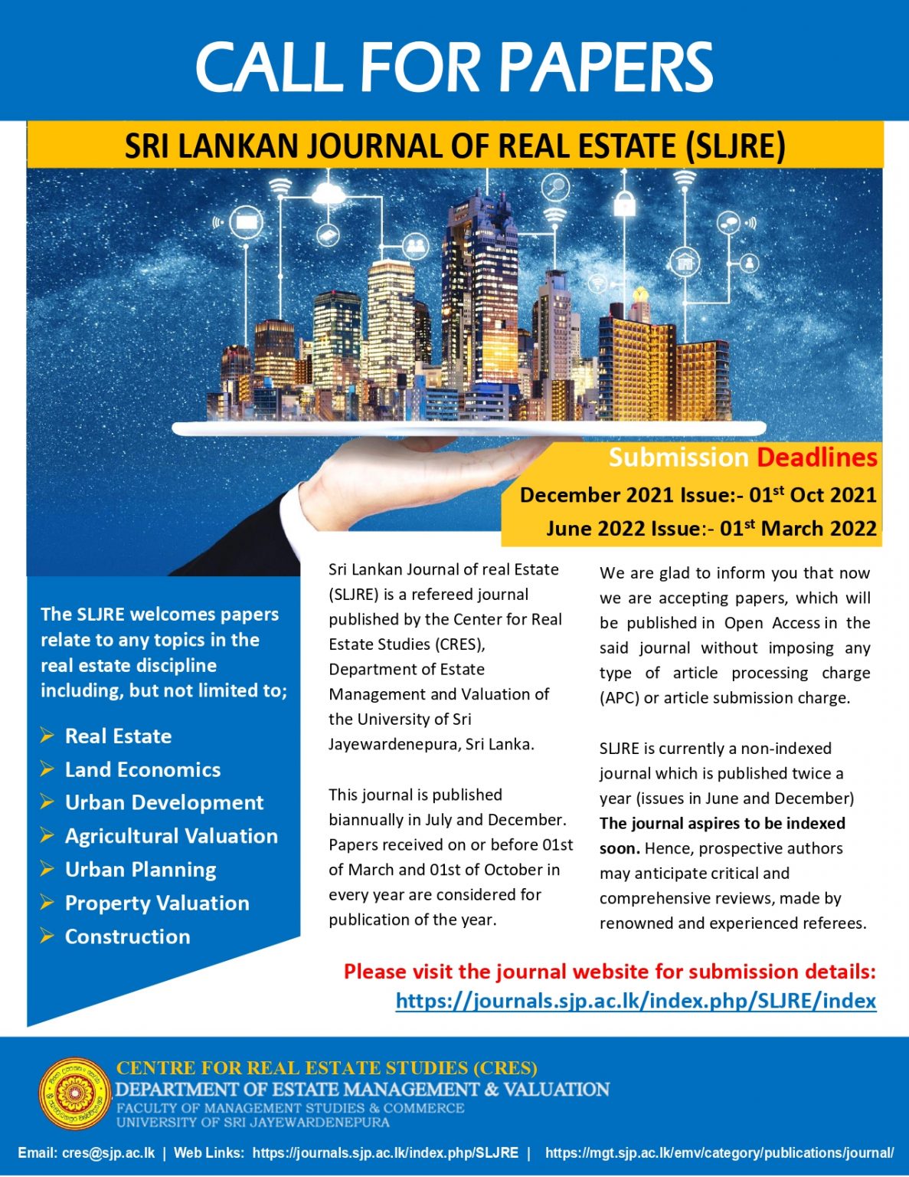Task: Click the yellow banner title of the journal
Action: coord(455,146)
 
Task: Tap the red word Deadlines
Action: coord(816,457)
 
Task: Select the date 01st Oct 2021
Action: coord(813,494)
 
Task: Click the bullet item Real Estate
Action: coord(118,736)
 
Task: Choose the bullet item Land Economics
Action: coord(142,769)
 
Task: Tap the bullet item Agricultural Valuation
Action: coord(171,836)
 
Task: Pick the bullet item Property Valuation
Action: coord(157,903)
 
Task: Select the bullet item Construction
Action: coord(127,936)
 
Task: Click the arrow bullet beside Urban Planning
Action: coord(47,869)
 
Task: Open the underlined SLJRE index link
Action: coord(636,1001)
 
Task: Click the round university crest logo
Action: coord(75,1093)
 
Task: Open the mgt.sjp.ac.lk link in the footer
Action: coord(719,1152)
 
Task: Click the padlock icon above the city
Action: coord(625,204)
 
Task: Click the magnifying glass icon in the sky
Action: coord(554,186)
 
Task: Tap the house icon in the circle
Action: coord(684,262)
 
